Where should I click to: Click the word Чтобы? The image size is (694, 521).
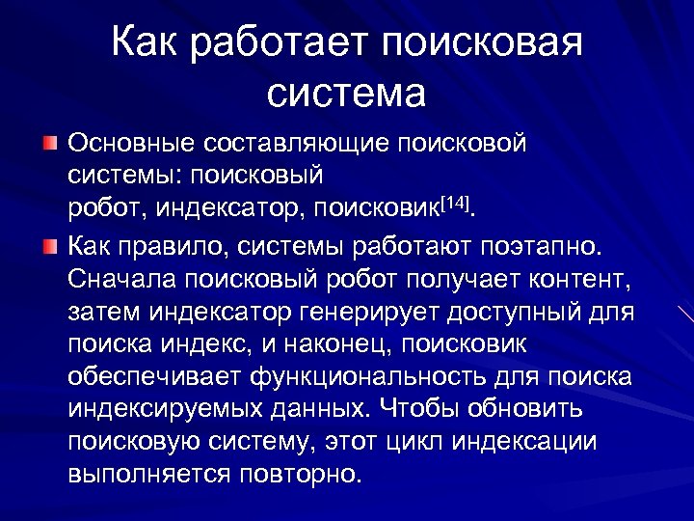tap(422, 409)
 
